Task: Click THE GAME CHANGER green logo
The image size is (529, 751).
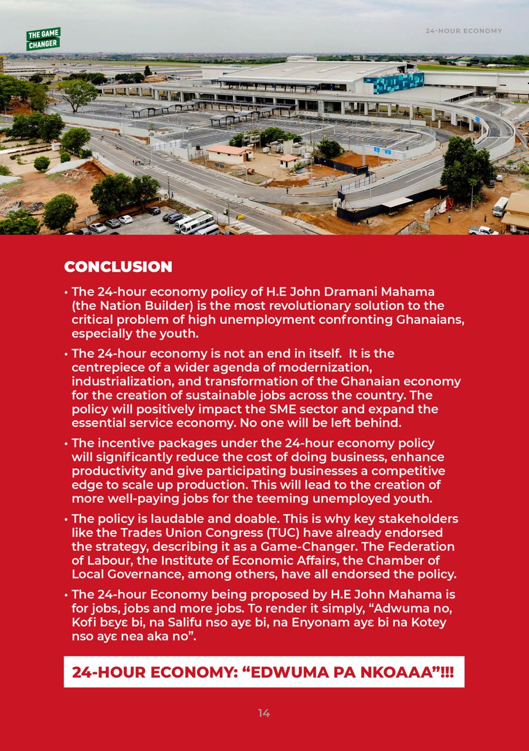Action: [x=43, y=39]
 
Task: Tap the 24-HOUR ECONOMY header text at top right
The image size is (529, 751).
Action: [x=463, y=31]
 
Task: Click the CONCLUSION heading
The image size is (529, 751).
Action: [x=118, y=267]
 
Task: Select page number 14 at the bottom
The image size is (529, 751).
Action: [x=264, y=713]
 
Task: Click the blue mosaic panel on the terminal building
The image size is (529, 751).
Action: [x=394, y=83]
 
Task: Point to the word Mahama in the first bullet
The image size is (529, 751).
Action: [x=407, y=292]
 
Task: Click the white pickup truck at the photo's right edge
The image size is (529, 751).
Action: [x=483, y=230]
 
